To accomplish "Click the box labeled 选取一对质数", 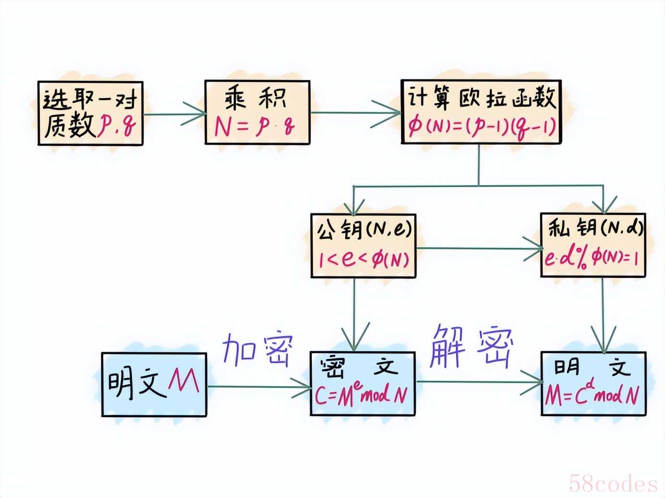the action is pyautogui.click(x=91, y=113).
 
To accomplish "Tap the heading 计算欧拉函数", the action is pyautogui.click(x=481, y=97).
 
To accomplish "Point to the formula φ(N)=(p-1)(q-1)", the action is pyautogui.click(x=482, y=127).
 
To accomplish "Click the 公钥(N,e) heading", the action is pyautogui.click(x=364, y=229).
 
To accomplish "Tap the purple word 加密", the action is pyautogui.click(x=258, y=349).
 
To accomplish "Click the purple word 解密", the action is pyautogui.click(x=471, y=347).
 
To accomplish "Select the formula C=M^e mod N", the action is pyautogui.click(x=361, y=394).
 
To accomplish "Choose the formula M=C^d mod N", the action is pyautogui.click(x=592, y=393).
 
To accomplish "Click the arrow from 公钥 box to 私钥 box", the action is pyautogui.click(x=479, y=249).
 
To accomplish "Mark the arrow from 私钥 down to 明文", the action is pyautogui.click(x=603, y=315).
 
